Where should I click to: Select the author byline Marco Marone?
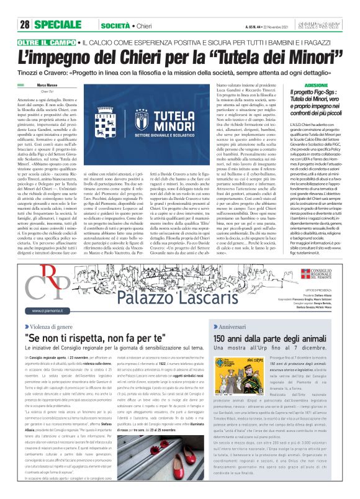coord(49,85)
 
